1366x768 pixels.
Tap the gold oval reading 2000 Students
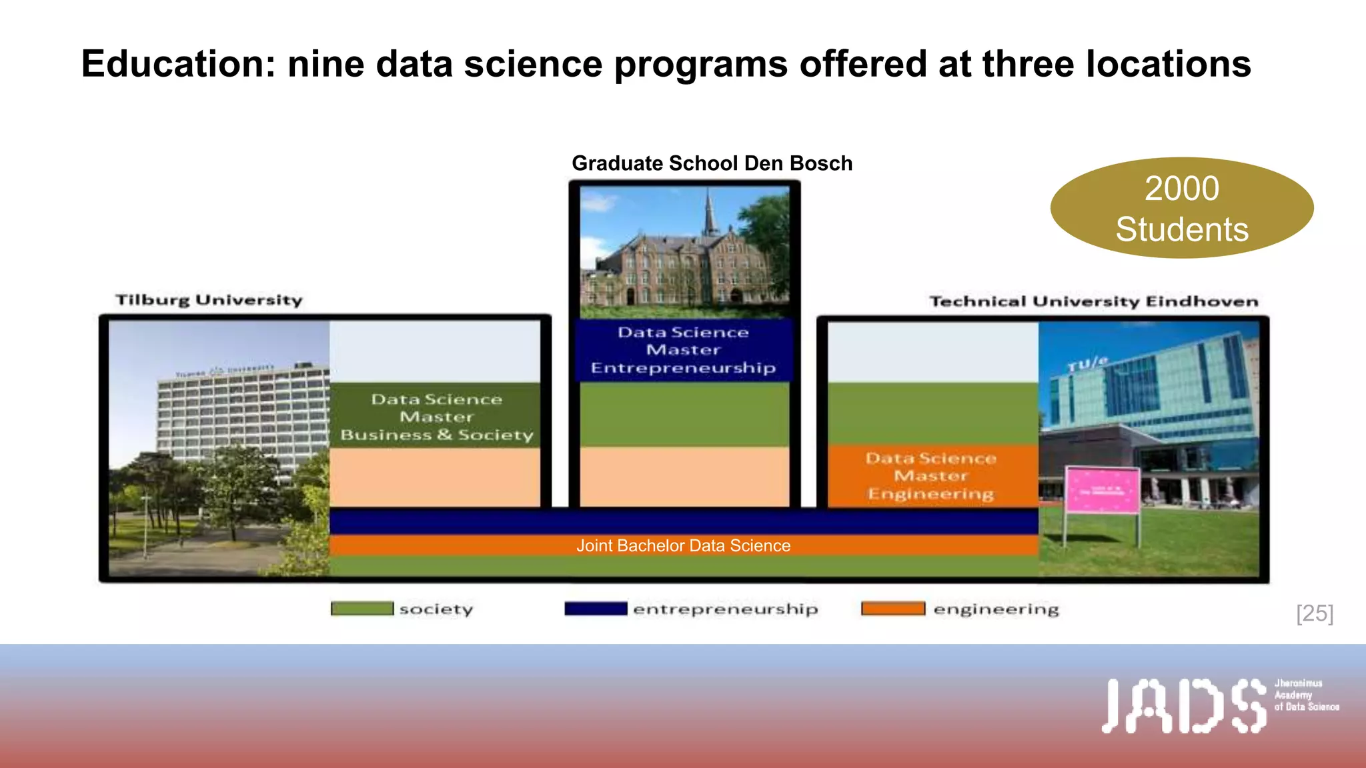click(x=1181, y=208)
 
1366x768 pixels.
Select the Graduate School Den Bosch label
click(x=712, y=163)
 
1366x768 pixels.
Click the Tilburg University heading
click(x=209, y=300)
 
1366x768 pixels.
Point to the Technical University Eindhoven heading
click(x=1094, y=301)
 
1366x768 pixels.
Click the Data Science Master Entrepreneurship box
click(x=684, y=350)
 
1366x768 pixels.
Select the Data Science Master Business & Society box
click(x=436, y=417)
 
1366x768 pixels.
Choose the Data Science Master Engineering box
click(x=931, y=476)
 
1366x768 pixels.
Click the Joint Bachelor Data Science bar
click(x=683, y=545)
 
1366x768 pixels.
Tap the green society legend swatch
click(x=362, y=609)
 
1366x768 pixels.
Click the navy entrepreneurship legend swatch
click(x=595, y=609)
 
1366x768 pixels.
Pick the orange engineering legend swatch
click(x=892, y=609)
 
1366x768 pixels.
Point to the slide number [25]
click(x=1315, y=613)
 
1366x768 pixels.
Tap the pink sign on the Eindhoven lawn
click(x=1102, y=491)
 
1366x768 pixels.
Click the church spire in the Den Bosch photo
click(x=710, y=210)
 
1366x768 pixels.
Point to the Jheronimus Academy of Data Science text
click(x=1306, y=695)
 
